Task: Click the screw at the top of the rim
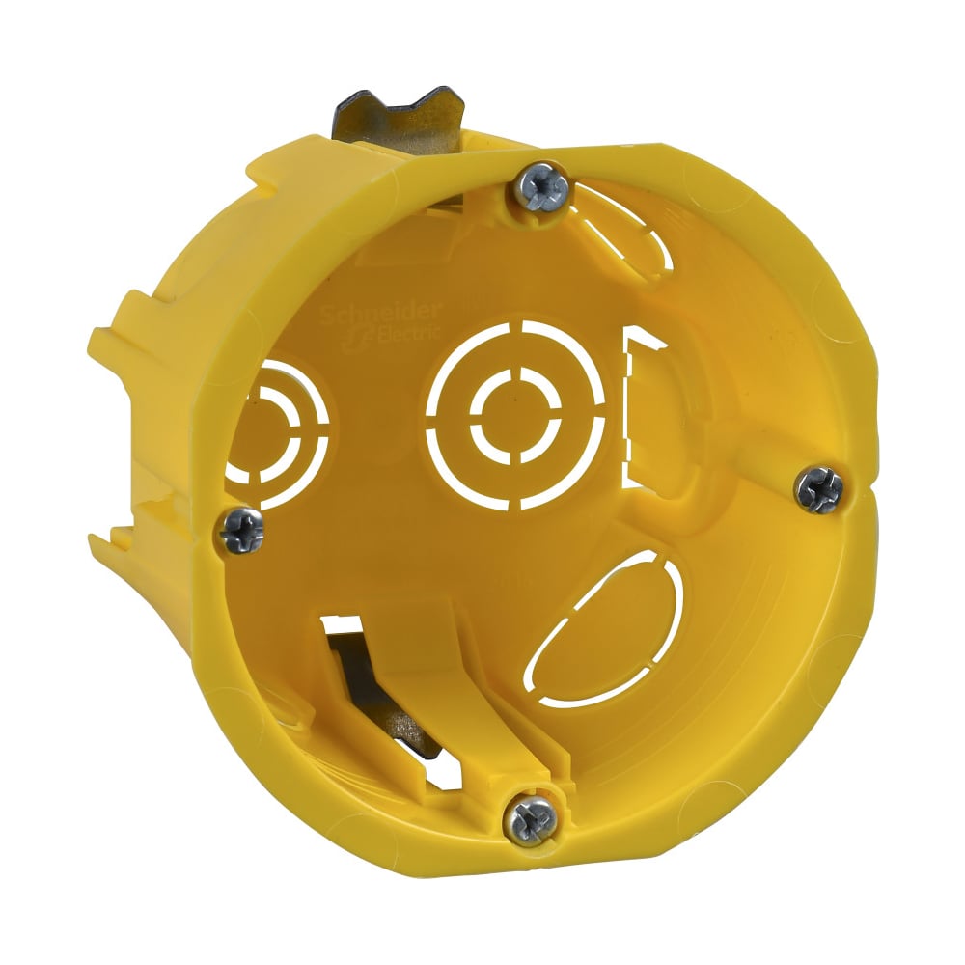click(539, 185)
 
